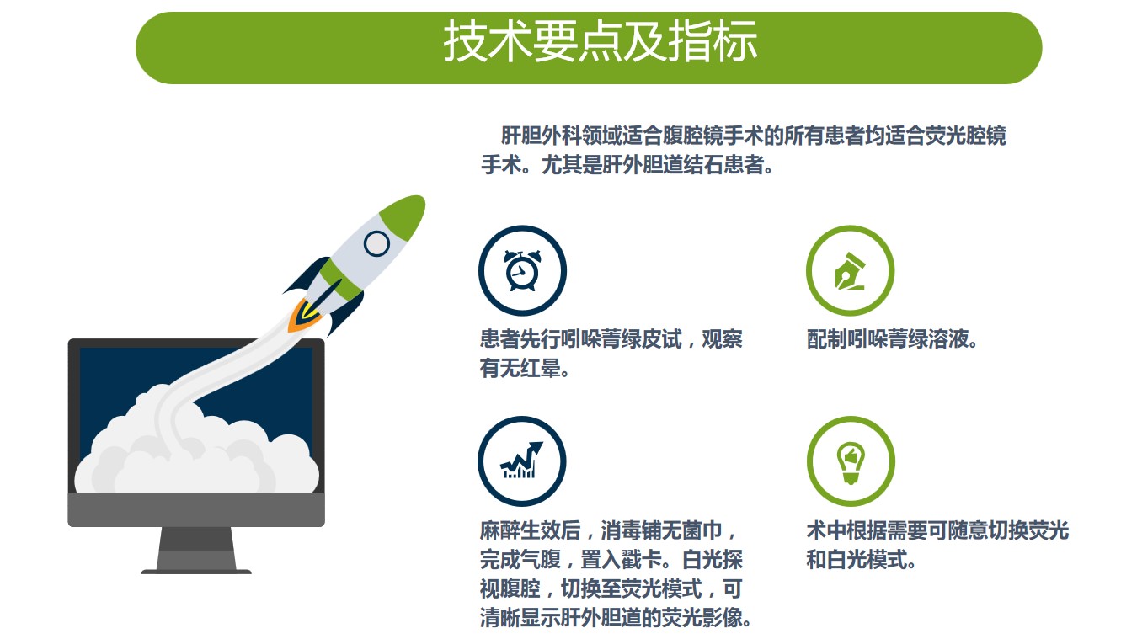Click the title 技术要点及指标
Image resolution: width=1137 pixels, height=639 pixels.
(601, 41)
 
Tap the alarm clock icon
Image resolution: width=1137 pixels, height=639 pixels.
(522, 270)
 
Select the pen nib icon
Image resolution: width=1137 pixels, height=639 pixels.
(850, 271)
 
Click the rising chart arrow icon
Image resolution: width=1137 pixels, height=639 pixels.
(521, 460)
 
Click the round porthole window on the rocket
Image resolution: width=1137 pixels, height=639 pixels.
(376, 243)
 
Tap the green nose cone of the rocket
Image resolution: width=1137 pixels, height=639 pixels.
(403, 217)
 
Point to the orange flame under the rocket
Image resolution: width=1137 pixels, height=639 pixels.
(302, 316)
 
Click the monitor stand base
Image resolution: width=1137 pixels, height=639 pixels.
(196, 572)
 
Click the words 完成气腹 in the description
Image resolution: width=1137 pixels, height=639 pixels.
(520, 560)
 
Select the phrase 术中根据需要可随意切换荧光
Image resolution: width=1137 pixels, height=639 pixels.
(937, 531)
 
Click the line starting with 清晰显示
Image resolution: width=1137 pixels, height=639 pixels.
(615, 618)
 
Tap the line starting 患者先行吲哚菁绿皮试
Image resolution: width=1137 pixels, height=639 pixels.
(611, 339)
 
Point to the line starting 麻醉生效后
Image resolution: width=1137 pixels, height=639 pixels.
(607, 531)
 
